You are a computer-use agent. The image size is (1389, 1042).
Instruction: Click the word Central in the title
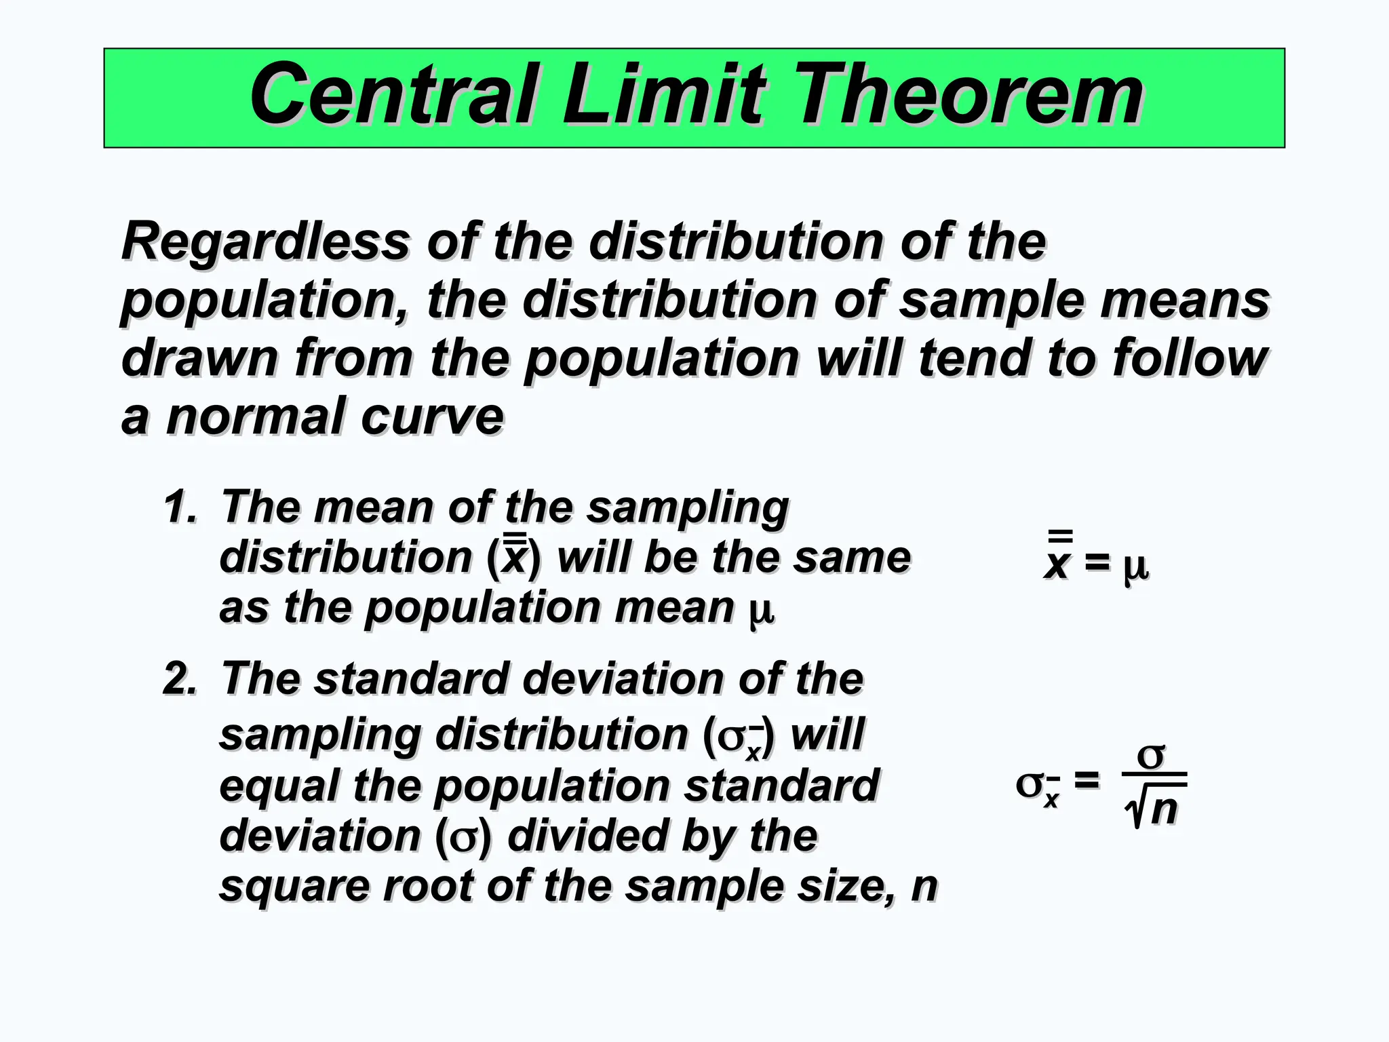[x=394, y=94]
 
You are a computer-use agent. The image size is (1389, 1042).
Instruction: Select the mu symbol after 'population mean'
[x=761, y=609]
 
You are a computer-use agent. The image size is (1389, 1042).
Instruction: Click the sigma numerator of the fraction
[x=1151, y=755]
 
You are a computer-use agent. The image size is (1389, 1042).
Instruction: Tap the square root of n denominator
[x=1152, y=809]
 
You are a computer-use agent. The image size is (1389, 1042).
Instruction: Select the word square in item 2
[x=294, y=887]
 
